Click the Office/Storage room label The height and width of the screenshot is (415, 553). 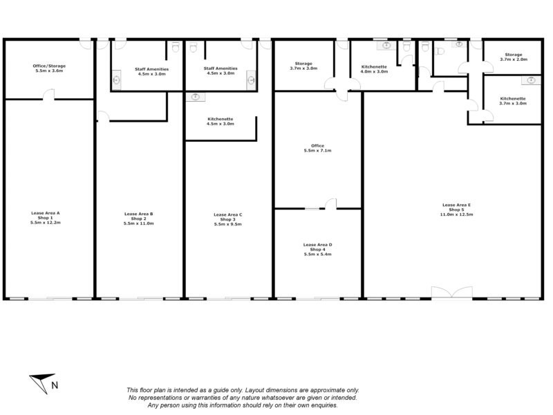[x=49, y=68]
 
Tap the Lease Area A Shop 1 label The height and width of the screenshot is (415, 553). [x=46, y=218]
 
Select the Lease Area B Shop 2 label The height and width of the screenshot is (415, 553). [x=138, y=219]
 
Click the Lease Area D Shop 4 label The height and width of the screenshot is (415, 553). [x=318, y=249]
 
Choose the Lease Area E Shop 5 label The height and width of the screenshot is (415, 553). [x=457, y=210]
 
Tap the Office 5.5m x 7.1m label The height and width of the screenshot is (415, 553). [x=318, y=148]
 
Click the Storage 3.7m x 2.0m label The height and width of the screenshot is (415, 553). [x=513, y=57]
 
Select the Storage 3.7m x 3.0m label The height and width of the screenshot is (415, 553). [x=303, y=66]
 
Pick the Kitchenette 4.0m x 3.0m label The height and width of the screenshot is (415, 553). [x=375, y=68]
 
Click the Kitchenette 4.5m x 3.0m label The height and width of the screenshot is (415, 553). [x=221, y=121]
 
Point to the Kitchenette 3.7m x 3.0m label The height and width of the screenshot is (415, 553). [x=513, y=100]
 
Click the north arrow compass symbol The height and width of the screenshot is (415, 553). [x=43, y=381]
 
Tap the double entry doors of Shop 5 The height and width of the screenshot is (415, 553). [x=451, y=293]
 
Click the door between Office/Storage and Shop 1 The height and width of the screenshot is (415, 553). [x=49, y=95]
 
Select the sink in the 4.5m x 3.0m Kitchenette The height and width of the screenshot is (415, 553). [x=196, y=97]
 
